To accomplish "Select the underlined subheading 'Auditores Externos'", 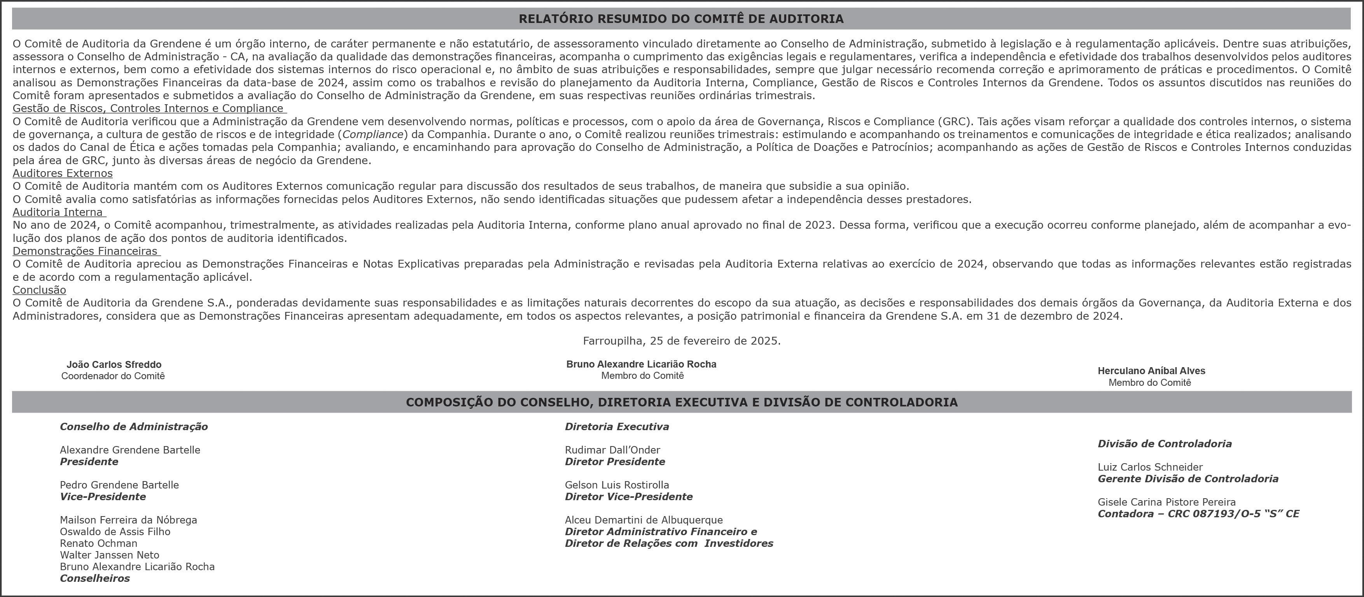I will point(63,173).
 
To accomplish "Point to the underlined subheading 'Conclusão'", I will point(39,290).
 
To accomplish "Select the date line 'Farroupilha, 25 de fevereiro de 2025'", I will point(682,341).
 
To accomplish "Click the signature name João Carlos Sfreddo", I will point(114,364).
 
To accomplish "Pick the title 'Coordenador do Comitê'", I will point(113,376).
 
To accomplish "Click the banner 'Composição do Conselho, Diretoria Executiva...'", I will point(682,402).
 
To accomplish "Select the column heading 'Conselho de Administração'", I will point(133,426).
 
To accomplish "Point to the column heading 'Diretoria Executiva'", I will point(617,426).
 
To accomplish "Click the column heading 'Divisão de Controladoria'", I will point(1165,443).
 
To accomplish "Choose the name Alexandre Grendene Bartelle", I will point(130,450).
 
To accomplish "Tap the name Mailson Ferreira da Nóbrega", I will point(128,520).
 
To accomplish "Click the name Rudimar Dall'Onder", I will point(612,450).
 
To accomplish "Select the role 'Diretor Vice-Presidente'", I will point(628,496).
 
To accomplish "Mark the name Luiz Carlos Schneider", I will point(1149,467).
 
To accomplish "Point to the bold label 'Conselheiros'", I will point(95,578).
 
